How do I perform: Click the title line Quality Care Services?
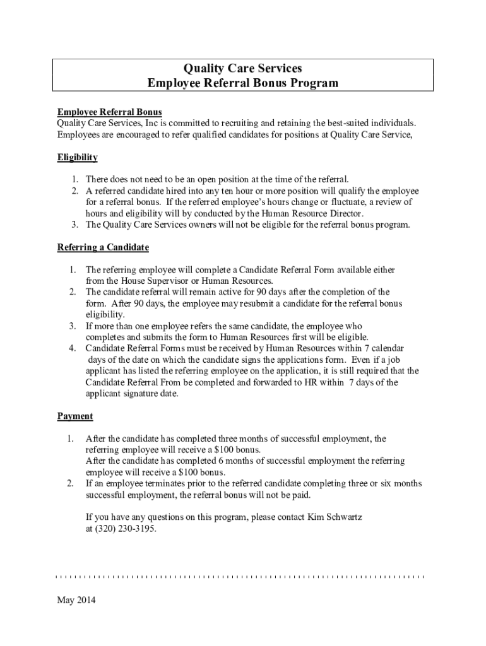point(243,68)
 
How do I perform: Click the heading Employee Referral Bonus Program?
point(243,83)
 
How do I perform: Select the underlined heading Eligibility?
point(77,157)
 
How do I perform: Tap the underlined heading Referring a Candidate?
point(103,247)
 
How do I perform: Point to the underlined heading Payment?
point(75,416)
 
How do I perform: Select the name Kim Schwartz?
point(335,518)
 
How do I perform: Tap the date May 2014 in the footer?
point(76,601)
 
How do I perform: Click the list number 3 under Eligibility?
point(74,225)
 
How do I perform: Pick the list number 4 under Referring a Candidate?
point(73,348)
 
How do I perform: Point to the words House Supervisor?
point(150,281)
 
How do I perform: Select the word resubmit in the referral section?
point(256,303)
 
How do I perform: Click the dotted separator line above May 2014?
point(240,577)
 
